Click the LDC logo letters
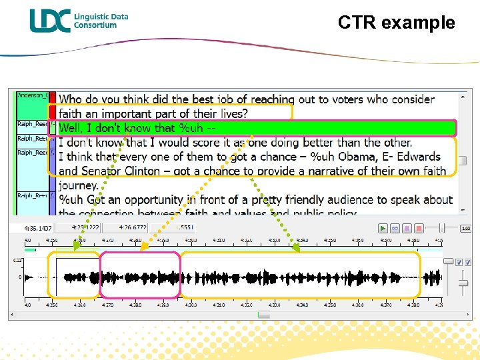click(x=49, y=21)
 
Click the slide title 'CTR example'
click(x=396, y=23)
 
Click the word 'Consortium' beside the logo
click(x=95, y=25)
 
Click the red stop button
click(x=419, y=228)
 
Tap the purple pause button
click(x=407, y=228)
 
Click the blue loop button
click(x=395, y=228)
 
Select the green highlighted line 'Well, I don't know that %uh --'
click(x=136, y=128)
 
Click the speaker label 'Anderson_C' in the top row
click(x=32, y=95)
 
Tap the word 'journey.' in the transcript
click(x=79, y=185)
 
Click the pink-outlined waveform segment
click(x=140, y=275)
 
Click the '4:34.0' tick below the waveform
click(x=303, y=305)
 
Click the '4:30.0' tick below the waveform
click(x=191, y=305)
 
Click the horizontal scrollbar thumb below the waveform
click(x=264, y=315)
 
